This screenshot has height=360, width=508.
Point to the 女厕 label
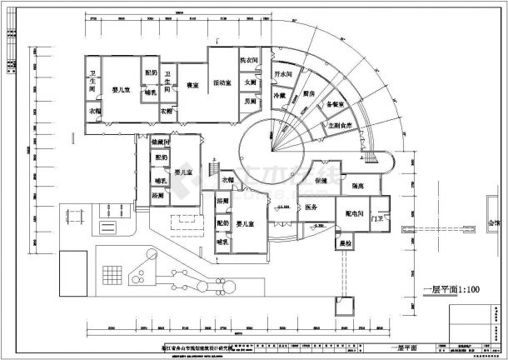click(x=250, y=82)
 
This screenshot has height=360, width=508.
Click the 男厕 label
click(x=250, y=101)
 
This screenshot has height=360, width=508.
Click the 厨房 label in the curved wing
click(x=308, y=93)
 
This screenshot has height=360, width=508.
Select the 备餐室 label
click(x=335, y=105)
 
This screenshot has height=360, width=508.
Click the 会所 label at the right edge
click(x=494, y=223)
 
